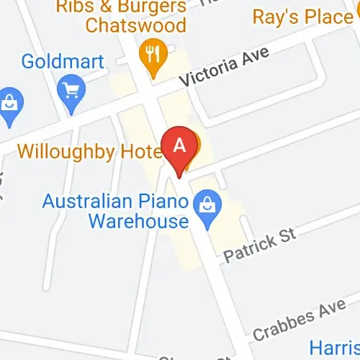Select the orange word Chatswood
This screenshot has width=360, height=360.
coord(135,25)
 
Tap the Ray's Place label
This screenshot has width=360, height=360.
coord(302,16)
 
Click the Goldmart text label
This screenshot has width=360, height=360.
coord(63,60)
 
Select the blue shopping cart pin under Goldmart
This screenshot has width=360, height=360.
coord(73,91)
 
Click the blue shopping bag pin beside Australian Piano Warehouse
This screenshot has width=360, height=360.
coord(208,209)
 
